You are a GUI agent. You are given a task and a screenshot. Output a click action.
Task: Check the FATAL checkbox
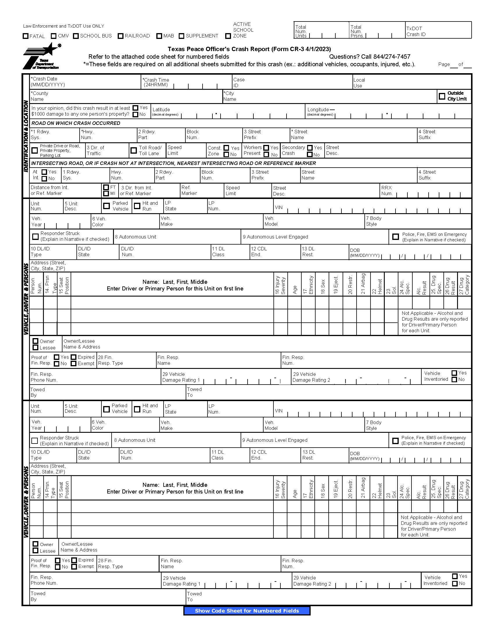point(26,36)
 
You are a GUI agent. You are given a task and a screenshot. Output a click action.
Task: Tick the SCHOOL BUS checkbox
point(76,36)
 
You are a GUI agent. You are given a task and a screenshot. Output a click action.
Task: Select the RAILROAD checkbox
point(120,36)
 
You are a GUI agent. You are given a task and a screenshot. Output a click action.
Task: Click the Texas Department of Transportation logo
point(42,56)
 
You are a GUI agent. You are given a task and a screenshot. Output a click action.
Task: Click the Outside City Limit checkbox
point(442,96)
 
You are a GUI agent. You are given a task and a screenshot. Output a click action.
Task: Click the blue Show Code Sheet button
point(247,611)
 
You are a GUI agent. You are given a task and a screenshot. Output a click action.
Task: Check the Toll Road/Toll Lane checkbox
point(134,150)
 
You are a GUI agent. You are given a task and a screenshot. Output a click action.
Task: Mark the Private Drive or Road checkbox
point(35,150)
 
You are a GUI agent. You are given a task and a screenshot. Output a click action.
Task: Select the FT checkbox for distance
point(106,187)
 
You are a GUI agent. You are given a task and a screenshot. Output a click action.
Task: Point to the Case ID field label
point(239,82)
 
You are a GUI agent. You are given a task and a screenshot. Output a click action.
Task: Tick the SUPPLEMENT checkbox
point(181,36)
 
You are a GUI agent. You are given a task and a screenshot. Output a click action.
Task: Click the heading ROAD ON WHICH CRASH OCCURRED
point(76,123)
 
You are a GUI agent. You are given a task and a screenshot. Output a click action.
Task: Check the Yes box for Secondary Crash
point(310,148)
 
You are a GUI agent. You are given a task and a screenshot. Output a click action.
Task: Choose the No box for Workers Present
point(266,155)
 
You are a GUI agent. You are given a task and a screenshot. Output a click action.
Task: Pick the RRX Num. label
point(386,191)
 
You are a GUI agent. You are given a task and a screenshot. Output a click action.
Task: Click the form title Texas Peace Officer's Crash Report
point(249,49)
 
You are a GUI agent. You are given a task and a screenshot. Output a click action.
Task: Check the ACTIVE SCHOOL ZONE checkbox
point(228,36)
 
